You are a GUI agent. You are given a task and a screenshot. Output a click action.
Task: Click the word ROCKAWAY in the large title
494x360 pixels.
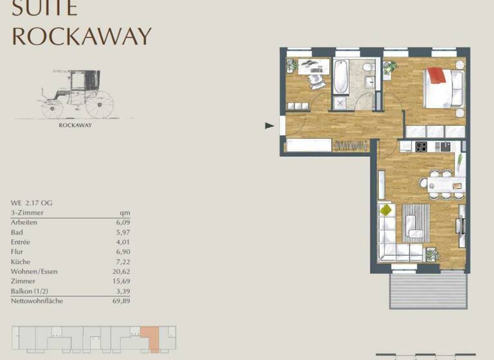[x=82, y=36]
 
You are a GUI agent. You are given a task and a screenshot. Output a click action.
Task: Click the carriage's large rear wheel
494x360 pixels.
[x=99, y=104]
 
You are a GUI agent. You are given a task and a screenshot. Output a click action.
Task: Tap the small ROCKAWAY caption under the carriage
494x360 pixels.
[x=75, y=125]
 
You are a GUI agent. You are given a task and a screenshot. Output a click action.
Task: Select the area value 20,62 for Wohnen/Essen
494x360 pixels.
[x=122, y=271]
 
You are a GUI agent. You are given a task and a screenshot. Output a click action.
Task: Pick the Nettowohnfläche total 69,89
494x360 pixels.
[x=122, y=301]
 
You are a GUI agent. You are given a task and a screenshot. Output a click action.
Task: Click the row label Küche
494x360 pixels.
[x=22, y=262]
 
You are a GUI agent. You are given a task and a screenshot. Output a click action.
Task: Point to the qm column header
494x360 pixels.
[x=125, y=212]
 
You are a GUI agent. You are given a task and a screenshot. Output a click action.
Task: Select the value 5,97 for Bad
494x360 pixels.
[x=122, y=232]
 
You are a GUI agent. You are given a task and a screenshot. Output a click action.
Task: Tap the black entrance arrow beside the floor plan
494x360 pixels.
[x=270, y=126]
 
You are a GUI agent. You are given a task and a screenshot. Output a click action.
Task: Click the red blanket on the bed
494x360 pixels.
[x=437, y=76]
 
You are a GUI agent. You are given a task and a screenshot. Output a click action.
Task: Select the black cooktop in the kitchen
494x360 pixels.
[x=422, y=147]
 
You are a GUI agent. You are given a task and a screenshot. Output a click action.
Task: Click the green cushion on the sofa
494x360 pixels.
[x=386, y=210]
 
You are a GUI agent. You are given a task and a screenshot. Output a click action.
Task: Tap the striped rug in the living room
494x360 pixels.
[x=416, y=222]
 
